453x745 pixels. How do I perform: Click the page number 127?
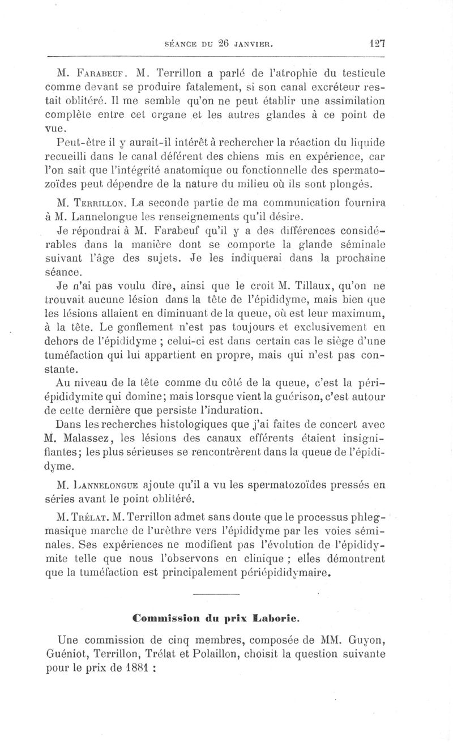pyautogui.click(x=376, y=42)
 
